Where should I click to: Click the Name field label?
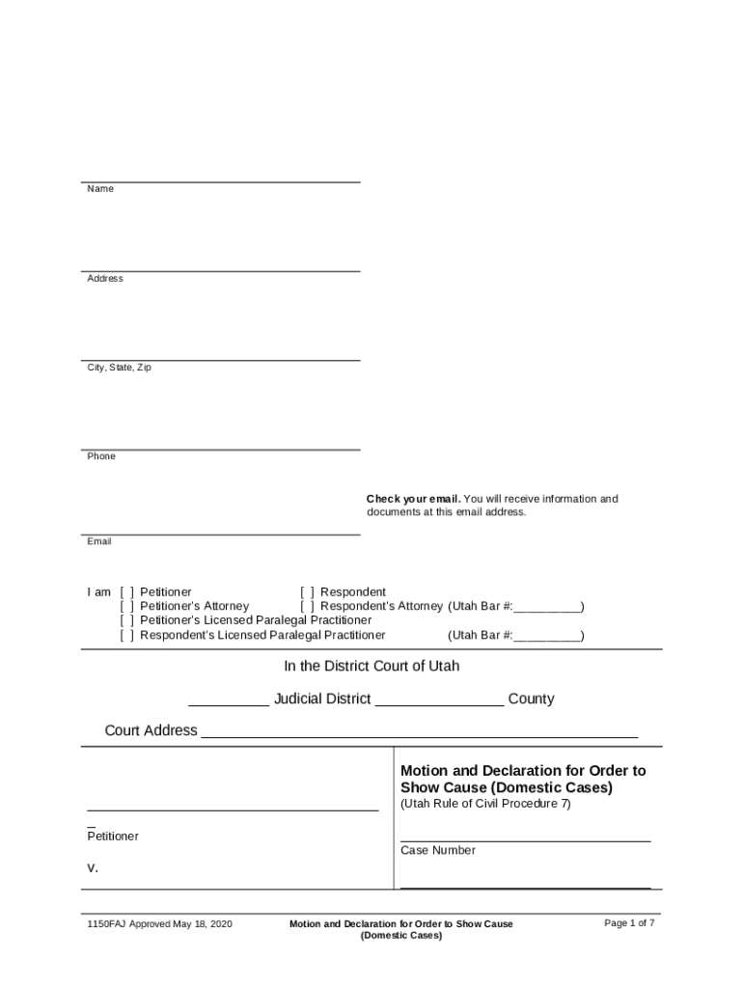100,189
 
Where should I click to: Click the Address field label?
105,279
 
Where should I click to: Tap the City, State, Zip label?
120,368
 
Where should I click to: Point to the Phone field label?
101,456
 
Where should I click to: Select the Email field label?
99,541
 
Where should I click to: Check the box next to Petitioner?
127,592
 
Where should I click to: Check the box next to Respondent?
308,592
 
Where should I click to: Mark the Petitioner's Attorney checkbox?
127,607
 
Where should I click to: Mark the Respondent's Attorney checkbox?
308,607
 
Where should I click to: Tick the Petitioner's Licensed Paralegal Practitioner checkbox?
127,620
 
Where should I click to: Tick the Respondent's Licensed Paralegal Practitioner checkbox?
127,636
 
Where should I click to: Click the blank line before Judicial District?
229,704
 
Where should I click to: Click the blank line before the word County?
439,704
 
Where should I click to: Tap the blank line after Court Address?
419,735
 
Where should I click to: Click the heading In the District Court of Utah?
371,667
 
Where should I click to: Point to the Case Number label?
438,851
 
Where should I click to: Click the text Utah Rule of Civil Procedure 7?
485,805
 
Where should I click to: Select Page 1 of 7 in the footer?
629,923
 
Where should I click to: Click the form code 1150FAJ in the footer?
107,924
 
